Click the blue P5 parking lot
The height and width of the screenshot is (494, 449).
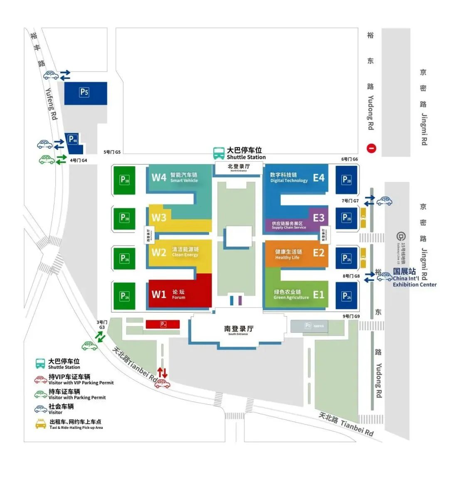pyautogui.click(x=85, y=93)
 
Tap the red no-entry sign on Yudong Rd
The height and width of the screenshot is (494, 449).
pyautogui.click(x=371, y=148)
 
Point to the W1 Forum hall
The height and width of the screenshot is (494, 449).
pyautogui.click(x=179, y=294)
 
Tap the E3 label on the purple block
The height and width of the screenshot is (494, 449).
pyautogui.click(x=318, y=217)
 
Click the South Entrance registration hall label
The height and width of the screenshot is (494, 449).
pyautogui.click(x=238, y=329)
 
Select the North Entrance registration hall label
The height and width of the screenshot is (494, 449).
pyautogui.click(x=239, y=167)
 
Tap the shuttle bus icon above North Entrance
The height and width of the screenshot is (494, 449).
pyautogui.click(x=219, y=153)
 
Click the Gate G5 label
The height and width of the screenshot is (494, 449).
pyautogui.click(x=112, y=152)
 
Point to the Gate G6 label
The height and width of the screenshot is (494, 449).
pyautogui.click(x=349, y=159)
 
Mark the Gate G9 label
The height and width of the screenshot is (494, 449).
pyautogui.click(x=351, y=316)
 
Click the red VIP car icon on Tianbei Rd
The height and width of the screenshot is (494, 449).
pyautogui.click(x=162, y=384)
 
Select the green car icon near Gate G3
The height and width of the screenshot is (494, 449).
pyautogui.click(x=89, y=345)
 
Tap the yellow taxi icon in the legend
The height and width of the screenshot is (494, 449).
pyautogui.click(x=41, y=424)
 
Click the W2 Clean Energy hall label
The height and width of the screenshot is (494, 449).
pyautogui.click(x=175, y=252)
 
